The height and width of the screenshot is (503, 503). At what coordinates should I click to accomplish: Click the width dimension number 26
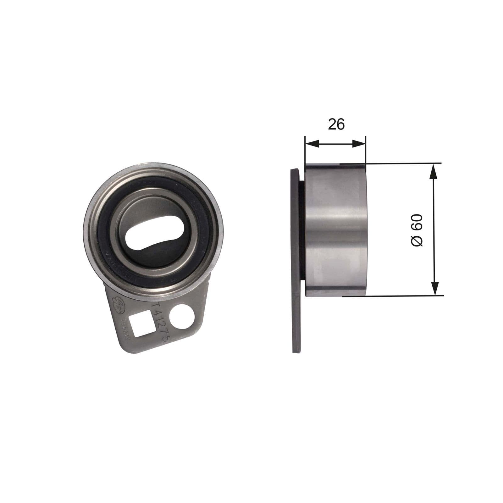tap(336, 124)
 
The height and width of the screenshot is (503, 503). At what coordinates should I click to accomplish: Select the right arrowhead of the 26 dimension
tap(359, 144)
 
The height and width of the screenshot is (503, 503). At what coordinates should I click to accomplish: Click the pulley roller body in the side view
tap(336, 229)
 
